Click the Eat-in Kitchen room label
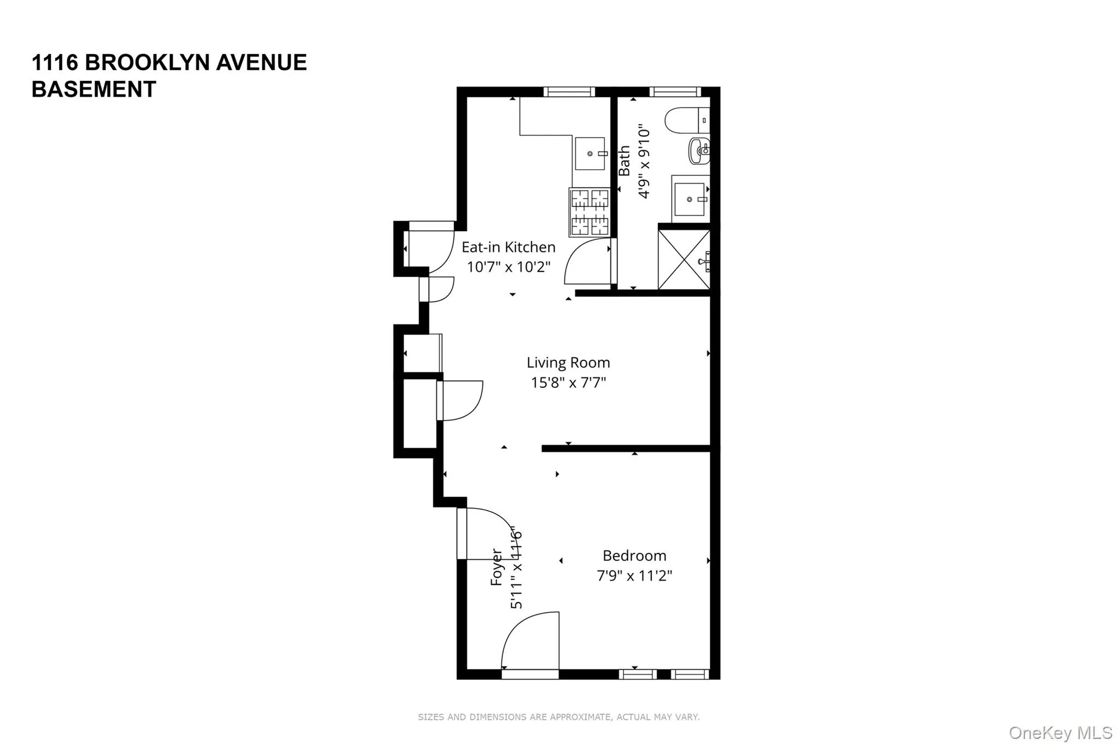(x=508, y=247)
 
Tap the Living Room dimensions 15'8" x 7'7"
(x=568, y=382)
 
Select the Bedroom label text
(x=634, y=555)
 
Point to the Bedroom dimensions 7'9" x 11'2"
(x=634, y=576)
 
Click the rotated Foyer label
(x=496, y=567)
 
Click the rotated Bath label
(x=624, y=161)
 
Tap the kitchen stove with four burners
(x=589, y=212)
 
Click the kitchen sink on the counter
(x=590, y=153)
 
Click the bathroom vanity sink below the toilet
(x=690, y=199)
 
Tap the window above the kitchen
(x=569, y=91)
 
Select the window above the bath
(x=674, y=91)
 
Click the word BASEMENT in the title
(x=94, y=89)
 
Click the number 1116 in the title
(x=55, y=62)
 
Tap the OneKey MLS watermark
(x=1061, y=732)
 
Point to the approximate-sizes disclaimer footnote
(x=558, y=717)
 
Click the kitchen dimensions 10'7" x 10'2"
(x=508, y=267)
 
